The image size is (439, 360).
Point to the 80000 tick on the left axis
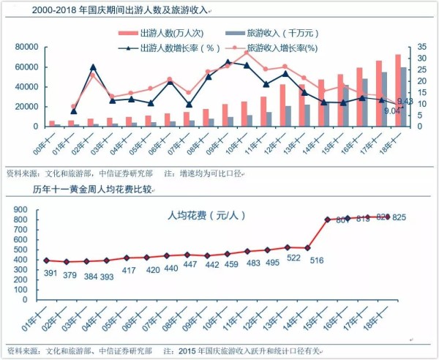tap(26, 47)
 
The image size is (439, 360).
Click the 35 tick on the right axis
tap(423, 47)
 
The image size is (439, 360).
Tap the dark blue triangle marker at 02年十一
tap(93, 67)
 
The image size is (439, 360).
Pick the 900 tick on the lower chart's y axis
tap(21, 210)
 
